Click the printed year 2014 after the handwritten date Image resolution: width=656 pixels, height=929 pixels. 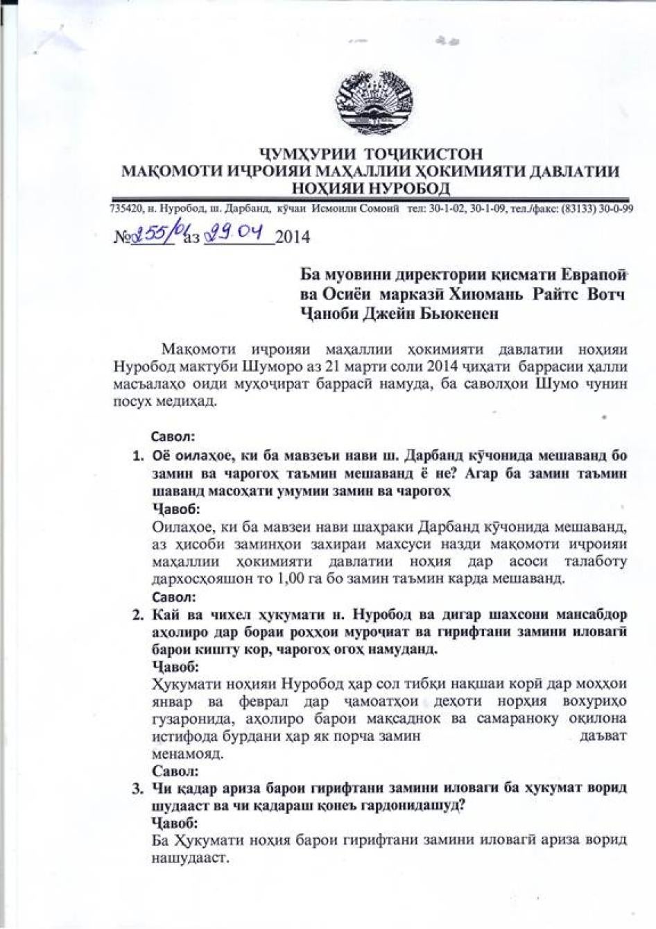pyautogui.click(x=293, y=238)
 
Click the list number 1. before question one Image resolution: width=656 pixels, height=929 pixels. pyautogui.click(x=138, y=457)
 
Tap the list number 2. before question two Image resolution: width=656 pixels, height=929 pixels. pyautogui.click(x=138, y=615)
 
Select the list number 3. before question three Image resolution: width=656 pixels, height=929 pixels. pyautogui.click(x=138, y=788)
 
